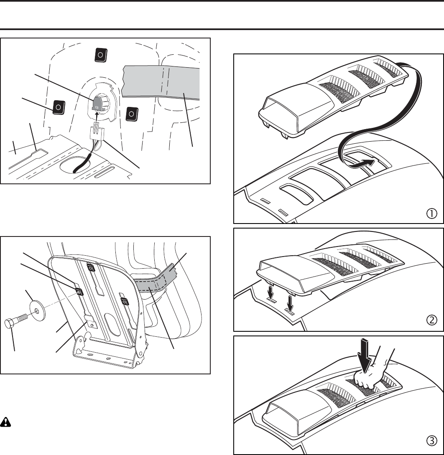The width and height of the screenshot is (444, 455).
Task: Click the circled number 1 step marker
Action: pos(431,214)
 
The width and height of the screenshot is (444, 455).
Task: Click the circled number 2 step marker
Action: pos(431,320)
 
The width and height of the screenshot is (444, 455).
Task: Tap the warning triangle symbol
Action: pos(7,422)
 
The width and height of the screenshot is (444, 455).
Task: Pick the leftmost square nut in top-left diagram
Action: pos(59,107)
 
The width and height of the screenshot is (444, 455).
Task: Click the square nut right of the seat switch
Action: pos(131,113)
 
